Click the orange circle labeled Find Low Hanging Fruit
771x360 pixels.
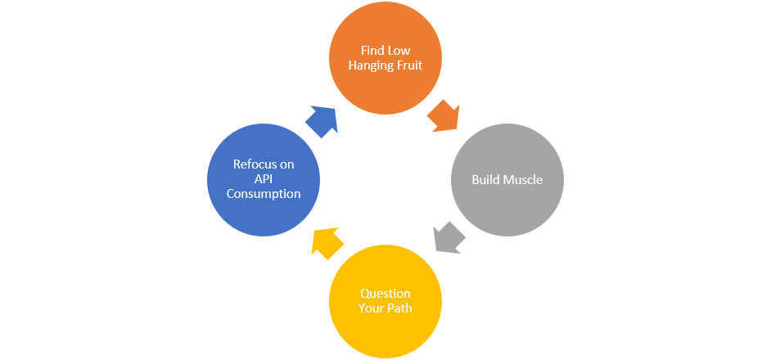point(385,58)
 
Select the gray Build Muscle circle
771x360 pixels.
point(507,180)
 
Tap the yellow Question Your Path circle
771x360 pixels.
point(385,301)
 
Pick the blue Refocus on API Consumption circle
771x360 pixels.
point(264,180)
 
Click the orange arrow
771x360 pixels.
point(444,116)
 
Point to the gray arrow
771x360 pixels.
point(449,237)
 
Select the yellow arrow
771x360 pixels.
point(327,243)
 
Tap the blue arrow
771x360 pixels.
point(322,121)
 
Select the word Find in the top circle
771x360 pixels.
point(371,51)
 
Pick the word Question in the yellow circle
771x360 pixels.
point(385,294)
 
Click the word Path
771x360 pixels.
point(399,308)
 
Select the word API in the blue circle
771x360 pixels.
point(264,179)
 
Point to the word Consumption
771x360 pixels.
point(264,194)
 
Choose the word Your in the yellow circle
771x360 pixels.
point(372,308)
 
